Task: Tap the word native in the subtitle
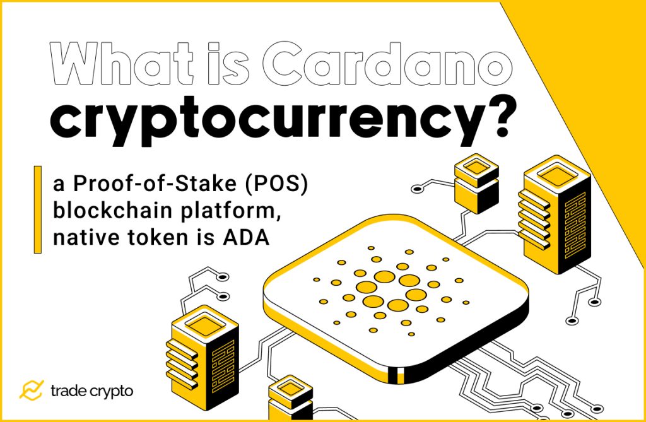pos(81,239)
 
